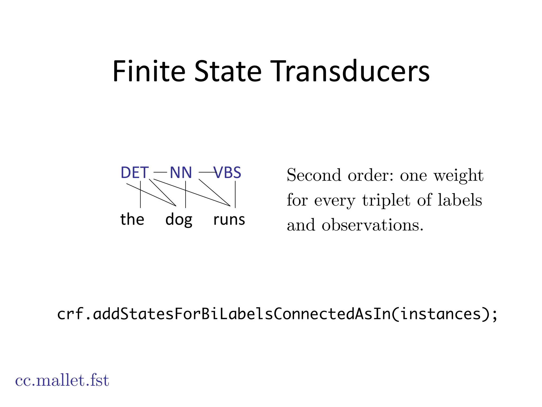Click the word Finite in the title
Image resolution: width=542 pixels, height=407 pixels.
click(x=149, y=71)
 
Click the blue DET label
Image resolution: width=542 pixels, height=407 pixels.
click(x=134, y=172)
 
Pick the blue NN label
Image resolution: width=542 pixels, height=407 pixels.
click(x=181, y=172)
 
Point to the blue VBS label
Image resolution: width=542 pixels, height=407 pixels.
click(x=228, y=172)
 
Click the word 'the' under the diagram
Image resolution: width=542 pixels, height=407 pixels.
click(x=132, y=219)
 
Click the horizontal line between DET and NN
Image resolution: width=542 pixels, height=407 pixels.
click(x=160, y=172)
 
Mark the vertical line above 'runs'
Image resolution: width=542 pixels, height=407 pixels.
click(x=235, y=194)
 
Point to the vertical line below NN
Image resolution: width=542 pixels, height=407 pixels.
click(x=186, y=194)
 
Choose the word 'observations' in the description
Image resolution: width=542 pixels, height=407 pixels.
click(x=372, y=225)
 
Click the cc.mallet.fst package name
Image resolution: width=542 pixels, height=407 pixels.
click(x=62, y=380)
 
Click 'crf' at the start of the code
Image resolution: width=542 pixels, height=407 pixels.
click(x=70, y=314)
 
